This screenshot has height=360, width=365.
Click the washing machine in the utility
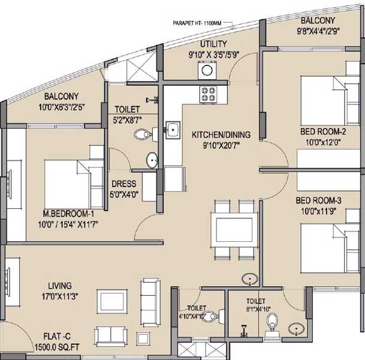pos(207,70)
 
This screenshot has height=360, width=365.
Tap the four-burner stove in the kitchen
pos(208,94)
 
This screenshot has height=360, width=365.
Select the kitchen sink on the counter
pos(173,130)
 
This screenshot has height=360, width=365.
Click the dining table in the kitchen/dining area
pos(234,229)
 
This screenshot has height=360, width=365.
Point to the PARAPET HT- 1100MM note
pos(197,23)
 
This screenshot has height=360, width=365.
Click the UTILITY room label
pos(213,44)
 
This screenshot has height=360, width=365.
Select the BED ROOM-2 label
pos(323,131)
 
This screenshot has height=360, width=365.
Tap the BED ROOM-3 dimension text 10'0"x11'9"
pos(319,212)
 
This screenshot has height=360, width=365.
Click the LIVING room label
pos(60,286)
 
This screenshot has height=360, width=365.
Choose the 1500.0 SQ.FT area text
pos(57,347)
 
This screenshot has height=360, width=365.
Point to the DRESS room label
pos(124,184)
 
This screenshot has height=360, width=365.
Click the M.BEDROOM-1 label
pos(68,214)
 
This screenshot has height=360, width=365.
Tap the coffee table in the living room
pos(112,302)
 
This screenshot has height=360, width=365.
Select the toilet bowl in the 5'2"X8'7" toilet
pos(142,134)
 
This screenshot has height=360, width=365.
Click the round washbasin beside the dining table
pos(250,279)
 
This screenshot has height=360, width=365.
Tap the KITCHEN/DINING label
pos(221,135)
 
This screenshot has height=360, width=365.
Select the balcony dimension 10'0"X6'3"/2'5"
pos(62,107)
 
